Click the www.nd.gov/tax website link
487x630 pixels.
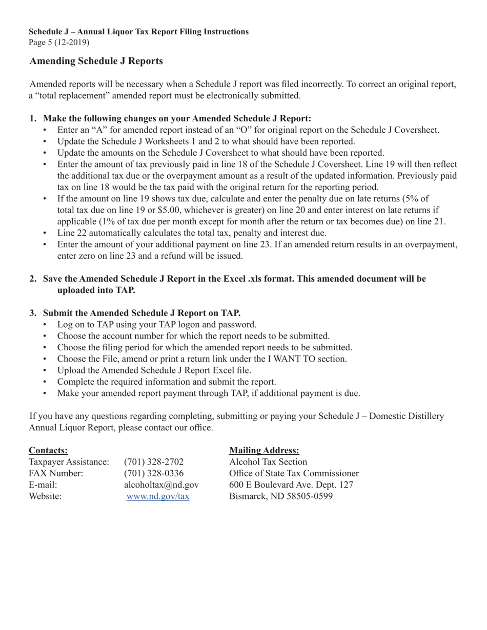pyautogui.click(x=158, y=496)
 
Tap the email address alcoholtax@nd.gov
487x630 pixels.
pyautogui.click(x=161, y=485)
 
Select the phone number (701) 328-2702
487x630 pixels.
pyautogui.click(x=154, y=462)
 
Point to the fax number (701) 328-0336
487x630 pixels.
pyautogui.click(x=154, y=473)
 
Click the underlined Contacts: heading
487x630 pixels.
pyautogui.click(x=48, y=450)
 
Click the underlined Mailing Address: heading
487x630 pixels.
pyautogui.click(x=264, y=450)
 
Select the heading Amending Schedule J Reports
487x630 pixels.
pyautogui.click(x=96, y=61)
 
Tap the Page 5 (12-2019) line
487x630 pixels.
pyautogui.click(x=59, y=43)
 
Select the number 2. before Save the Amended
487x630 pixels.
pyautogui.click(x=33, y=279)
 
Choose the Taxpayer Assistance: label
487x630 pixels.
pyautogui.click(x=69, y=462)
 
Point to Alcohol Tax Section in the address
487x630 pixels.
pyautogui.click(x=268, y=462)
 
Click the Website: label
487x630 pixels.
pyautogui.click(x=45, y=496)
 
